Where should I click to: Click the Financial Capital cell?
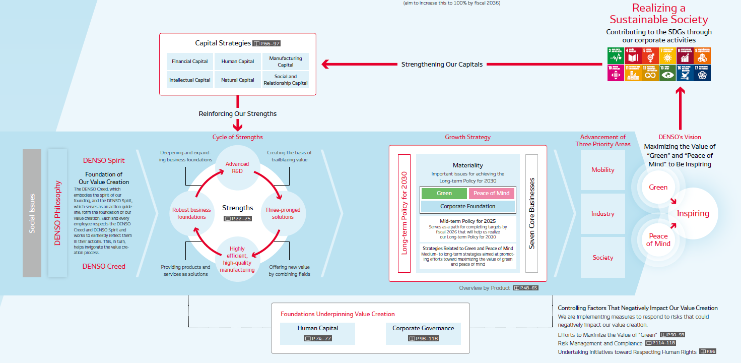(189, 62)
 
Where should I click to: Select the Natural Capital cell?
(238, 80)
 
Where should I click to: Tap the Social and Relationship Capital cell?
(286, 80)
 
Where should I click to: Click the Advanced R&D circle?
(237, 167)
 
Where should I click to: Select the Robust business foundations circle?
(191, 213)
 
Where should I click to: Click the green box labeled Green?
(444, 193)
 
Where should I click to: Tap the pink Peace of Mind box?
(492, 193)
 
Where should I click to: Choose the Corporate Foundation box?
(467, 206)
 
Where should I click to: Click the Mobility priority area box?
(603, 170)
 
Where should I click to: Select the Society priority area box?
(603, 258)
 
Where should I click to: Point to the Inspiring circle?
(693, 213)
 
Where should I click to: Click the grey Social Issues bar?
(32, 213)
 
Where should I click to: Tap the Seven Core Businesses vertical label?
(532, 213)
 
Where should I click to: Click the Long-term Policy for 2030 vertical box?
(404, 213)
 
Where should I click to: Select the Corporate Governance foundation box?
(423, 333)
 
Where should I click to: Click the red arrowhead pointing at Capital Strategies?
(326, 64)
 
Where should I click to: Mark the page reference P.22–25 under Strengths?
(237, 218)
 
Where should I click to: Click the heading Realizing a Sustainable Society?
(659, 14)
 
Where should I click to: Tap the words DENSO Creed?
(104, 266)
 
